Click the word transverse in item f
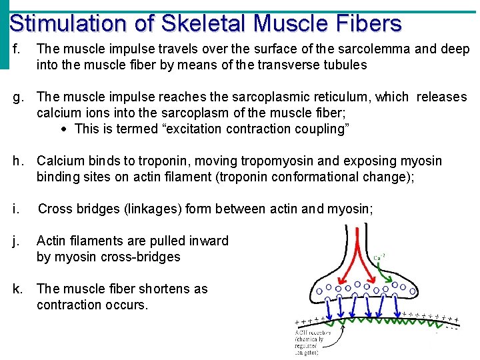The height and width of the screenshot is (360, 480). [302, 65]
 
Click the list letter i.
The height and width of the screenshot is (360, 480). [16, 209]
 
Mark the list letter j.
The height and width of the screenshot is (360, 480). [16, 241]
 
